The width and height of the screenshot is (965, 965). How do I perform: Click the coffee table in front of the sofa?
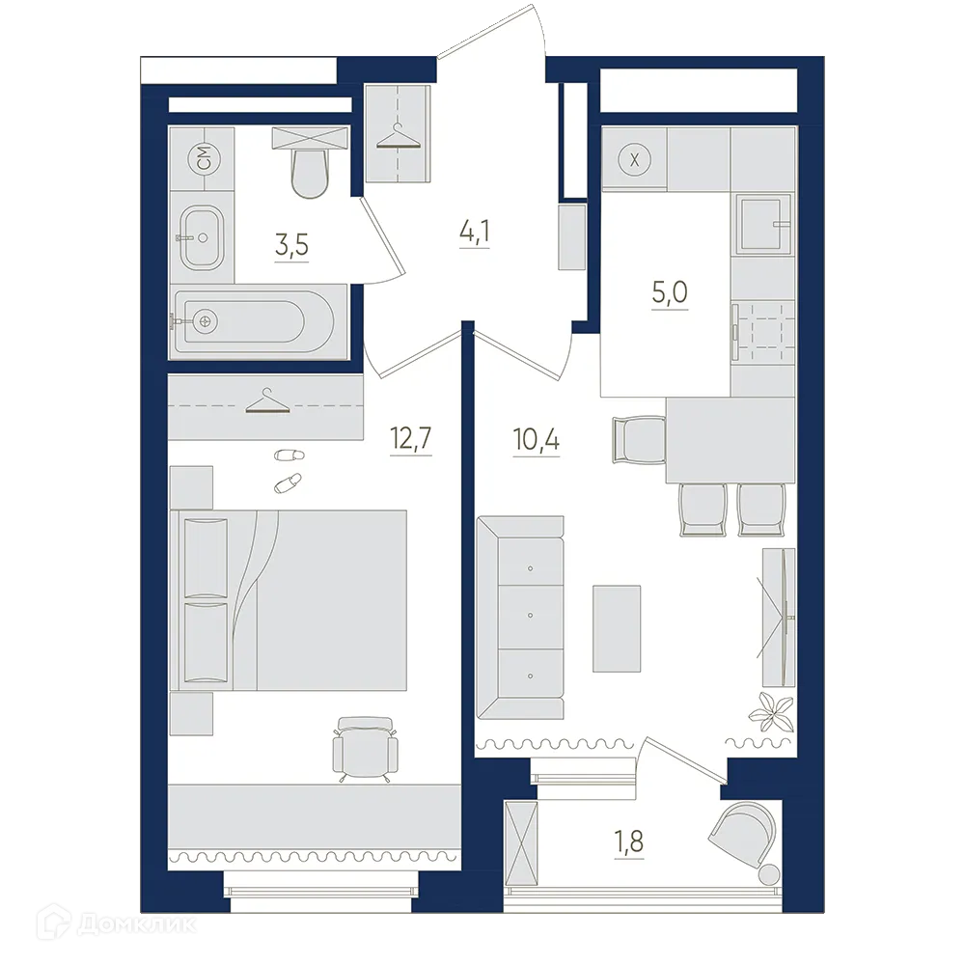click(x=617, y=628)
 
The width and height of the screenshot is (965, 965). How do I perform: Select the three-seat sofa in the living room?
click(x=521, y=618)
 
